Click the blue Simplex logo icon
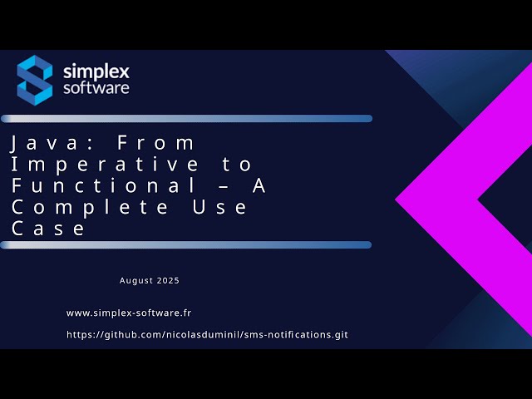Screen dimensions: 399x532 click(35, 80)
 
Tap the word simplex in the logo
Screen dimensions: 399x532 click(96, 71)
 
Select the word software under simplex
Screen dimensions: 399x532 click(96, 87)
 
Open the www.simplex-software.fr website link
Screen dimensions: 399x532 click(129, 313)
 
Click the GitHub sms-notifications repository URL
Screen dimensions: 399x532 click(207, 335)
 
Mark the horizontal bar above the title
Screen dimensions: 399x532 click(186, 118)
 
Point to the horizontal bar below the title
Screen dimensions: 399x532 click(186, 244)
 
